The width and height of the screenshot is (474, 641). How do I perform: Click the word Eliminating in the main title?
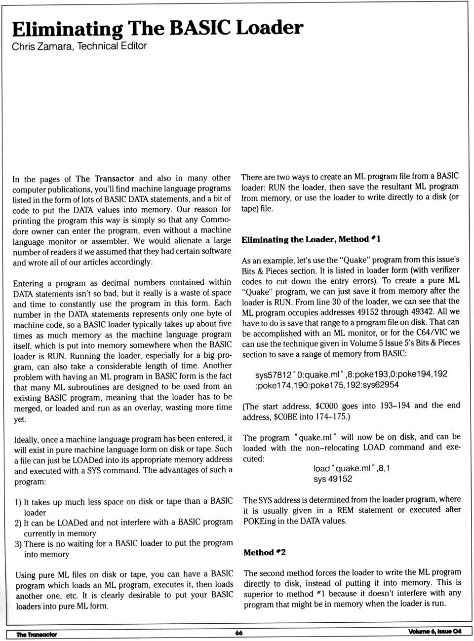coord(67,29)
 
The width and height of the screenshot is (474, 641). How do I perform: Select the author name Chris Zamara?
coord(43,46)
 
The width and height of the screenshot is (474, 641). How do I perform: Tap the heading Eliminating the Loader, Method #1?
coord(311,239)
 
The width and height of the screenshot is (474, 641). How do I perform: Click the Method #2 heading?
coord(264,552)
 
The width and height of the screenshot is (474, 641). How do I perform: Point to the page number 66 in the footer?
coord(239,633)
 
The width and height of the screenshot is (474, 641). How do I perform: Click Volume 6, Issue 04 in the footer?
coord(434,632)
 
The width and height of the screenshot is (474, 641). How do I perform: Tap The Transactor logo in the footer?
coord(37,634)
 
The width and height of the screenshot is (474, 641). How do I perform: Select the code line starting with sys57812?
coord(351,374)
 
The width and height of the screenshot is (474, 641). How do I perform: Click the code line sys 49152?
coord(332,479)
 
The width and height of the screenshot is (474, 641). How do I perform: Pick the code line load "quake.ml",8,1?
coord(351,468)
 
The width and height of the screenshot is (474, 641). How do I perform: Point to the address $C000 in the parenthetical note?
coord(326,406)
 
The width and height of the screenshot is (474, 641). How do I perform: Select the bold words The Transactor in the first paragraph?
coord(105,179)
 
